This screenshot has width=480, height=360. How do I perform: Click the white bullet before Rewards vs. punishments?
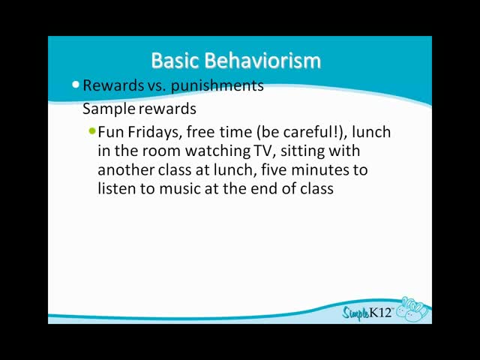pos(76,85)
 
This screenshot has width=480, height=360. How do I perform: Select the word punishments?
pos(217,85)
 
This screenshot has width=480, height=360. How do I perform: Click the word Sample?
pos(109,109)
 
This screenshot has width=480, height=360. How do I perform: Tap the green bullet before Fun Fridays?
pos(92,131)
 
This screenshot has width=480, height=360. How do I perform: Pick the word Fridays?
pos(154,133)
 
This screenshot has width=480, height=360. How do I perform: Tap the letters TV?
pos(262,151)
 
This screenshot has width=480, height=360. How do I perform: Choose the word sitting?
pos(301,151)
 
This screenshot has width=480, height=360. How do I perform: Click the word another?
pos(126,170)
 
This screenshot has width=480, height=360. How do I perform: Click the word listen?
pos(117,188)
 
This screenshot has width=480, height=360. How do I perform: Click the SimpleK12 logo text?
pos(367,313)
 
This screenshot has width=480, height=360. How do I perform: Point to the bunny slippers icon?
pos(412,309)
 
